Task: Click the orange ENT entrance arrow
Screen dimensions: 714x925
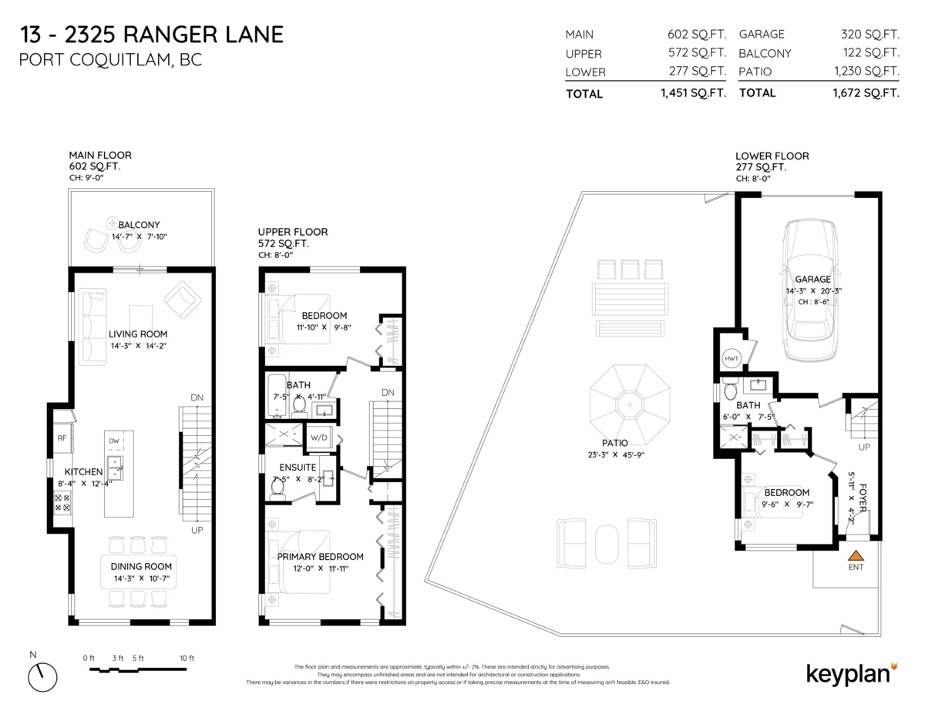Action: (855, 555)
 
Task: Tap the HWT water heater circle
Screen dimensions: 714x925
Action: (731, 358)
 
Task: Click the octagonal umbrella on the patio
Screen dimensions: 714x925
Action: (631, 401)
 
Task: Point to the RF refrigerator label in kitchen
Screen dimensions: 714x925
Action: (62, 438)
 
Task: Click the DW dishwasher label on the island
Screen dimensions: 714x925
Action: (114, 441)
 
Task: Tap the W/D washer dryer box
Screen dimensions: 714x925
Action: (319, 437)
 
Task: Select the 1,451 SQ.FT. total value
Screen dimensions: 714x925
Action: (693, 93)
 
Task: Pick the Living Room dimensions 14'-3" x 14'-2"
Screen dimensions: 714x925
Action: (138, 346)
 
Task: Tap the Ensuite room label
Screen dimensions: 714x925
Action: (298, 467)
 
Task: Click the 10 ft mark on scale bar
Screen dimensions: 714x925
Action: (187, 659)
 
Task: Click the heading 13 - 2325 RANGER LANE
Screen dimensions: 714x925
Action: (150, 34)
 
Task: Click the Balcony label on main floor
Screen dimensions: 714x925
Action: (139, 225)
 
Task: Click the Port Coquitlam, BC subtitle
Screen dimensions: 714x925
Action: (109, 60)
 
